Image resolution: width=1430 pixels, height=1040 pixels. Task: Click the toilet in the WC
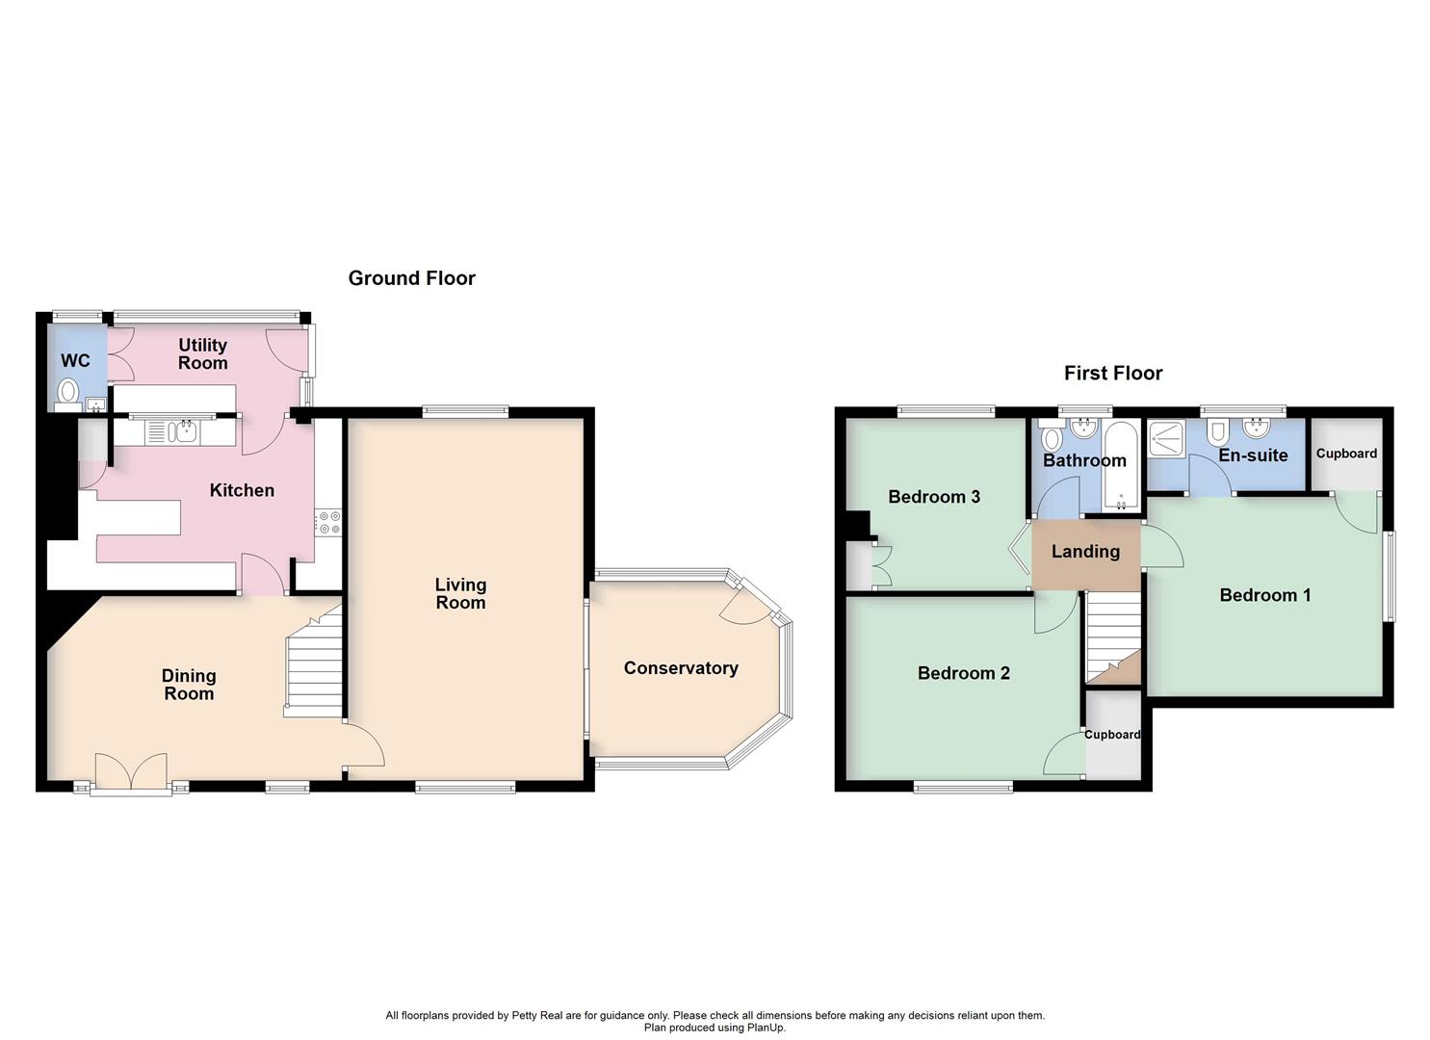coord(67,391)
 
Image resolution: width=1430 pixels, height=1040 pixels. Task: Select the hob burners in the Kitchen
coord(328,522)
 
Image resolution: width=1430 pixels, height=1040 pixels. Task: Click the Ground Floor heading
coord(411,278)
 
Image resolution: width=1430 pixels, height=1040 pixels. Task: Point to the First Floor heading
coord(1112,373)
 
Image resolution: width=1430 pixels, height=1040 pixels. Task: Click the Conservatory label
coord(680,668)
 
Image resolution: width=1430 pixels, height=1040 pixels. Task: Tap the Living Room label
coord(460,593)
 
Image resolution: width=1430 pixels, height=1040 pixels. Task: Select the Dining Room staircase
coord(315,664)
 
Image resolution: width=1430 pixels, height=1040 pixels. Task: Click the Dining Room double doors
coord(131,773)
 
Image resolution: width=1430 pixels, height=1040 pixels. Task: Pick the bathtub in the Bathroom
coord(1121,467)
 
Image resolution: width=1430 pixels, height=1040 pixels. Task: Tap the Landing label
coord(1085,552)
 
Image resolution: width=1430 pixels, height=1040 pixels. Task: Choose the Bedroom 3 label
coord(933,497)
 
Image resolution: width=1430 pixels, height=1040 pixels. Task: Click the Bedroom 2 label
coord(963,673)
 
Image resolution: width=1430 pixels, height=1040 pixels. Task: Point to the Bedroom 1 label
coord(1264,595)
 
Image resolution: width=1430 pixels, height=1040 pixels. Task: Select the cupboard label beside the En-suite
coord(1346,454)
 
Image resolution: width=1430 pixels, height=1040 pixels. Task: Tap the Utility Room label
coord(202,353)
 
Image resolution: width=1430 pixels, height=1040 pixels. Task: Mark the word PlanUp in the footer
coord(764,1027)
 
